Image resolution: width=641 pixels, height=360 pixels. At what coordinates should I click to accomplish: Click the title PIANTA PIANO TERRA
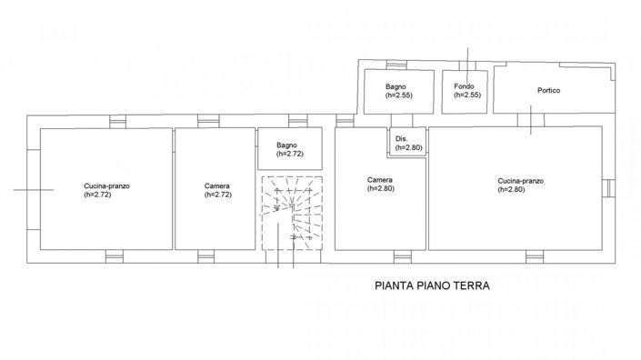point(433,285)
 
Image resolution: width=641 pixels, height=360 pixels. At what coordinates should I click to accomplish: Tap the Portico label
point(548,90)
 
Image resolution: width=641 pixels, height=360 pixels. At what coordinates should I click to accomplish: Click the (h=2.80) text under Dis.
point(407,148)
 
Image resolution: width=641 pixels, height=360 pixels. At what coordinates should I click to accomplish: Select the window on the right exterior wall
point(606,188)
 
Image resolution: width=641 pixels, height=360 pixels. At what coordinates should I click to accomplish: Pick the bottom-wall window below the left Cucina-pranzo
point(114,255)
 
